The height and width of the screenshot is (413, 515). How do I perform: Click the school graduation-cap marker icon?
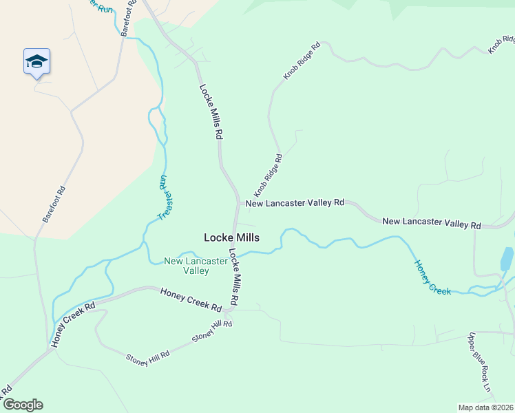click(36, 62)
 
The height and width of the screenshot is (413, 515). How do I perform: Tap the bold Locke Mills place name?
click(231, 237)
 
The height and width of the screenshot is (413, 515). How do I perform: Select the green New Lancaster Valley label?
click(186, 266)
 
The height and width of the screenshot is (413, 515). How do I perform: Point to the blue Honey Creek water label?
click(432, 277)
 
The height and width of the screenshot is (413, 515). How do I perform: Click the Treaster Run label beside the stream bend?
click(163, 198)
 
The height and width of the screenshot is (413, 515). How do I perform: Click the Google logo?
click(23, 405)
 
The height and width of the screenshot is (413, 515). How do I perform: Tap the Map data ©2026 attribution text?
click(486, 407)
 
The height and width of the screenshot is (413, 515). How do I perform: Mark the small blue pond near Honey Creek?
click(507, 258)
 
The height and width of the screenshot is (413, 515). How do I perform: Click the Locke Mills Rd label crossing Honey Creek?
click(234, 277)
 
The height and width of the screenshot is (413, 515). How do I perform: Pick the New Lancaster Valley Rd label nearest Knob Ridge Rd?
click(295, 203)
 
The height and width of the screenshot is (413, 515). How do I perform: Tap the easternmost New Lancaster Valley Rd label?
click(432, 222)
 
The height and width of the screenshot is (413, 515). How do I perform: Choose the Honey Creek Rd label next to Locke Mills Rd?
click(191, 299)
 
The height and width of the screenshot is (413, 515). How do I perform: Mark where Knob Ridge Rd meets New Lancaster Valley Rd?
click(240, 203)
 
